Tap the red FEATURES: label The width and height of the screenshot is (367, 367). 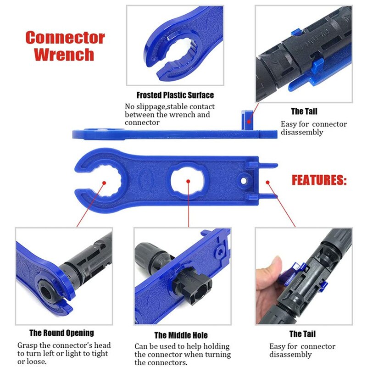pos(319,180)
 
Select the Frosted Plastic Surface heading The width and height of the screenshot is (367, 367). pos(175,95)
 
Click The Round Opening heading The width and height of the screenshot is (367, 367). pos(61,333)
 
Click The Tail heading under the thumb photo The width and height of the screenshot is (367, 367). pos(302,334)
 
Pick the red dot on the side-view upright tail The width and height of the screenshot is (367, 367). pos(248,122)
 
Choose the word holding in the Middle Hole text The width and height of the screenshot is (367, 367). pos(216,346)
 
